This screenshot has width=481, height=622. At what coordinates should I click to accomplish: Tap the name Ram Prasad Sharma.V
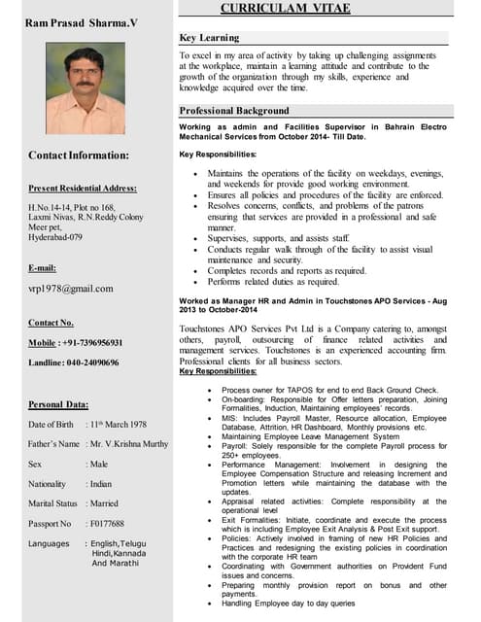tap(82, 21)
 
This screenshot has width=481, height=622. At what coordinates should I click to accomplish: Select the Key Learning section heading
tap(210, 38)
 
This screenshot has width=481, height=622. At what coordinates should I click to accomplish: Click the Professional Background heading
tap(235, 111)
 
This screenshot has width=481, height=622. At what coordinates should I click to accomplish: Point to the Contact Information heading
tap(79, 155)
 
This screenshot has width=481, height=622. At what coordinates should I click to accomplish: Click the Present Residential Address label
tap(83, 189)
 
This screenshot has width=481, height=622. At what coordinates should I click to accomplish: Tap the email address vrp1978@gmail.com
tap(71, 289)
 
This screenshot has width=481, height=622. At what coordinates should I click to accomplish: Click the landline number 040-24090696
tap(95, 363)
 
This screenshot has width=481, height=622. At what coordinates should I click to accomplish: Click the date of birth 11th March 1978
tap(119, 425)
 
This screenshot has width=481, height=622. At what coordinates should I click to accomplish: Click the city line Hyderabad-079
tap(55, 236)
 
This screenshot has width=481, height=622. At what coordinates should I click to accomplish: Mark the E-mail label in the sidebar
tap(43, 267)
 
